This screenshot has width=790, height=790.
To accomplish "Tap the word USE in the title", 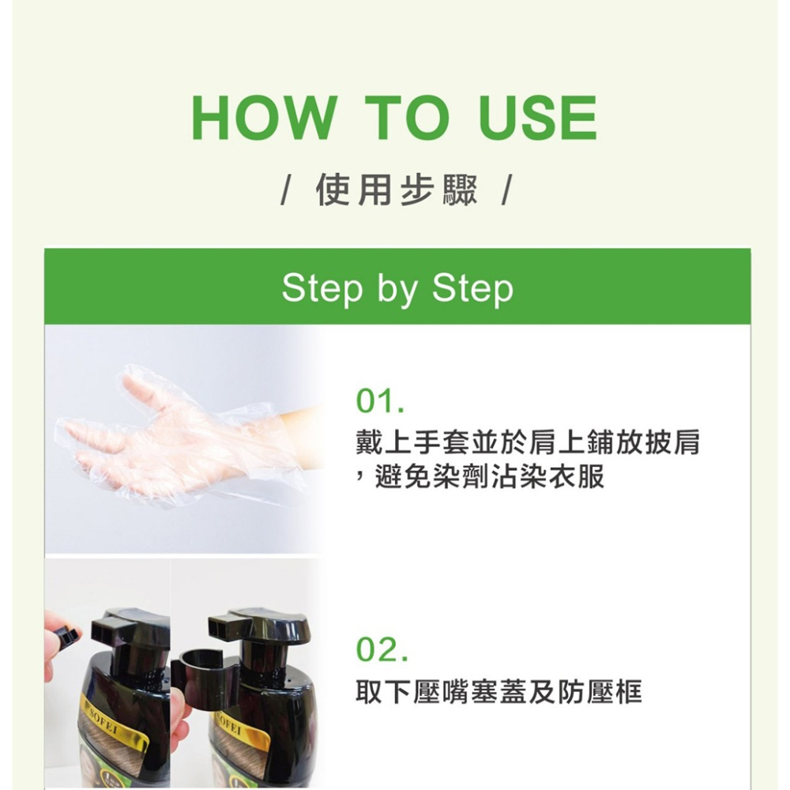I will tap(537, 119).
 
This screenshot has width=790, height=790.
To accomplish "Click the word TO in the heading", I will tap(406, 119).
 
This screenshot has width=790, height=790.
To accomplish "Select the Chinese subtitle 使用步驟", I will tap(396, 190).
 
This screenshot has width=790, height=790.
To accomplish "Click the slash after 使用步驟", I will tap(506, 191).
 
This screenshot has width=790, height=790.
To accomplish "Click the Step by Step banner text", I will tap(397, 289).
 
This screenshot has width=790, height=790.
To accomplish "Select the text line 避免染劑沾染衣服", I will tap(488, 477).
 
